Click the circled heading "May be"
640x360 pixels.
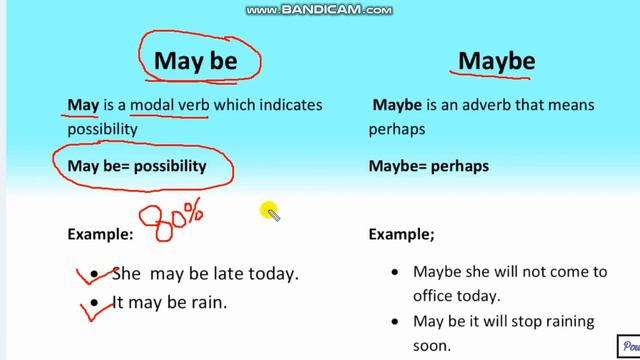tap(195, 61)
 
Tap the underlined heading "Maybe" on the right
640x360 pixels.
tap(497, 61)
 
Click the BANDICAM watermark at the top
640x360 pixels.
tap(319, 10)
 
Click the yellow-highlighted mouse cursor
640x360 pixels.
tap(270, 212)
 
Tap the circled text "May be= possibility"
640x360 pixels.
tap(136, 165)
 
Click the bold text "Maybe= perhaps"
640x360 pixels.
tap(429, 166)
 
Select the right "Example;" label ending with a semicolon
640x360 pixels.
tap(402, 235)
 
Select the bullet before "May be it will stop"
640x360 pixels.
tap(396, 322)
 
